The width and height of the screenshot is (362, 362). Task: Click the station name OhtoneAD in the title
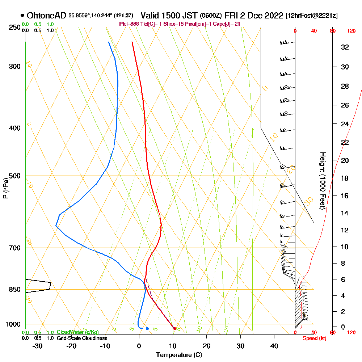point(47,16)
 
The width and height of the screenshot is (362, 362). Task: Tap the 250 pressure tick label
point(14,28)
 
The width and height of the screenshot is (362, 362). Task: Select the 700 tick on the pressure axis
point(14,248)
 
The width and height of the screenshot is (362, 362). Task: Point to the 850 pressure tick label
point(14,290)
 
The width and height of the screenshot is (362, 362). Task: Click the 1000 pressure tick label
point(13,324)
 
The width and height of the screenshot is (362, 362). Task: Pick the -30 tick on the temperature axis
point(38,346)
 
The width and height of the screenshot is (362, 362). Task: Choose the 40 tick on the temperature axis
point(274,346)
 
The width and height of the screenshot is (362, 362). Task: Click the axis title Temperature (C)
point(179,355)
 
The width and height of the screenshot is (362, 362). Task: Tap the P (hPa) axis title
point(5,188)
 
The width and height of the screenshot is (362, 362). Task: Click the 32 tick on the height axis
point(345,47)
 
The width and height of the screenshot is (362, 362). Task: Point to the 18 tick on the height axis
point(345,178)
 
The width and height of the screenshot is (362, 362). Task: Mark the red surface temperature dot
point(175,329)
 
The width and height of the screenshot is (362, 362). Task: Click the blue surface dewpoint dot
point(147,328)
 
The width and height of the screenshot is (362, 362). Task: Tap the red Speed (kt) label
point(313,338)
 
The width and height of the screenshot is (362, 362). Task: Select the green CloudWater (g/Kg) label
point(77,332)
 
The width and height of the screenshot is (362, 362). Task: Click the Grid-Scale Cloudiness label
point(81,338)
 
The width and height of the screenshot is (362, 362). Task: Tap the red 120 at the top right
point(351,31)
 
